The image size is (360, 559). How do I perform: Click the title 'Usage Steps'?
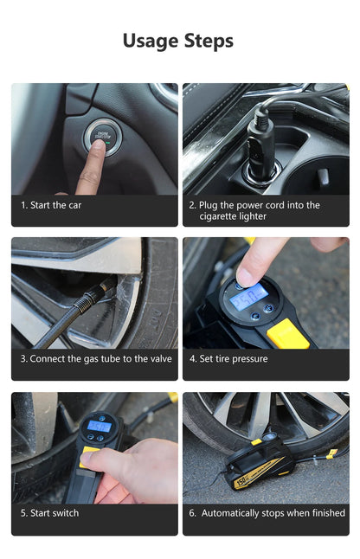[x=178, y=41]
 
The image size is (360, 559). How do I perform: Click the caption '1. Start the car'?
[x=51, y=205]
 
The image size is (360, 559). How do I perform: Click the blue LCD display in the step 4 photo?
[x=248, y=297]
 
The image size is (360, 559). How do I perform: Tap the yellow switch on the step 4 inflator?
[x=287, y=333]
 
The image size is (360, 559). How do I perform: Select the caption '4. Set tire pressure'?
[x=228, y=359]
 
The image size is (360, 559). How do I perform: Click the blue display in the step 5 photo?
[x=99, y=426]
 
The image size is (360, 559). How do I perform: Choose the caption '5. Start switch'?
[x=49, y=513]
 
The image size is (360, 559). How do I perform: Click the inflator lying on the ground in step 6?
[x=258, y=466]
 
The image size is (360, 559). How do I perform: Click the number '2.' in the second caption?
[x=193, y=205]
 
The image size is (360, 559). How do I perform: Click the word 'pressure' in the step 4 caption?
[x=248, y=359]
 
